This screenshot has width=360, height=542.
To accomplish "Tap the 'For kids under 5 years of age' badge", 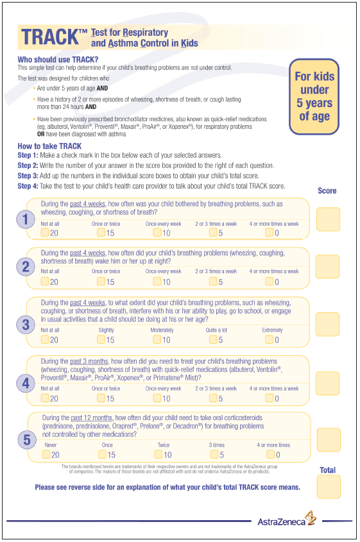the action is point(314,96).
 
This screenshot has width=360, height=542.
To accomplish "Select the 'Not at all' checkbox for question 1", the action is point(45,233).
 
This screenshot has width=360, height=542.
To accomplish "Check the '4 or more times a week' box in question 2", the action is point(270,281).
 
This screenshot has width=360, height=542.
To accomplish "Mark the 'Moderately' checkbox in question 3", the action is point(158,339).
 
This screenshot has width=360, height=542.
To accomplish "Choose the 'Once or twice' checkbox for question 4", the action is point(101,398).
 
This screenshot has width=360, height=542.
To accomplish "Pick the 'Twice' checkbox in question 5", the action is point(158,454).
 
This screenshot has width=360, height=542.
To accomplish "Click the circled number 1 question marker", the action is point(25,220).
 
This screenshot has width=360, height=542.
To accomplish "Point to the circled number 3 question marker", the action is point(25,325).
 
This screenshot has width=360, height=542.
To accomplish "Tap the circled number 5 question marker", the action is point(26,440).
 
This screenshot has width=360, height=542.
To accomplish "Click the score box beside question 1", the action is point(327,219).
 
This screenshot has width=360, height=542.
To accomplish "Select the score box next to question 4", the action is point(327,383).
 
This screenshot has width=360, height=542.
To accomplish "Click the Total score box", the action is point(328,487).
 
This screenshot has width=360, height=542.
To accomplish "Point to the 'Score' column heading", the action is point(327,191).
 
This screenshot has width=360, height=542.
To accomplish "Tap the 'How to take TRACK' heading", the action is point(49,146).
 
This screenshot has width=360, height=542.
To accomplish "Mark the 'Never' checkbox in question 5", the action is point(46,454).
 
